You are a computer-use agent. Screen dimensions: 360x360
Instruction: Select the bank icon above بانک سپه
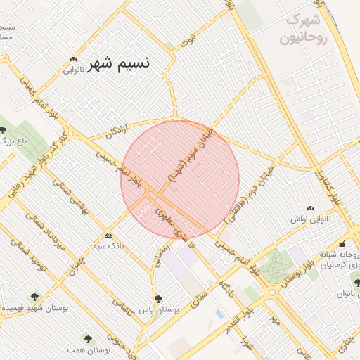click(x=108, y=235)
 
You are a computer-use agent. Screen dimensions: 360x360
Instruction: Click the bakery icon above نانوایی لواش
click(x=310, y=209)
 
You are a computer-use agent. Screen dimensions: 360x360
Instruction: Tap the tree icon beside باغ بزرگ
click(x=4, y=130)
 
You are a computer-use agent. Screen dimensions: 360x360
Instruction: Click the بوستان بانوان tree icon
click(x=356, y=282)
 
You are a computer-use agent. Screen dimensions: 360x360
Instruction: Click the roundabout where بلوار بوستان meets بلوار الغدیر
click(x=271, y=292)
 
